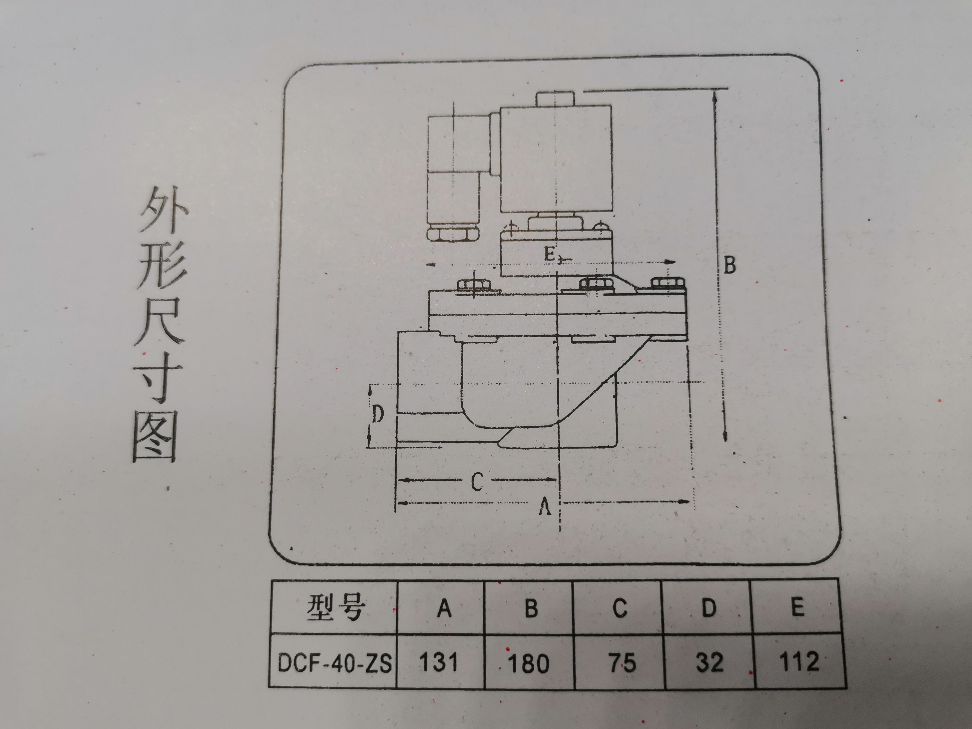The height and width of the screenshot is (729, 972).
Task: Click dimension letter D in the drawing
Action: (378, 414)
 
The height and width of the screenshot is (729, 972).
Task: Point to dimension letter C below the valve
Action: (477, 482)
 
